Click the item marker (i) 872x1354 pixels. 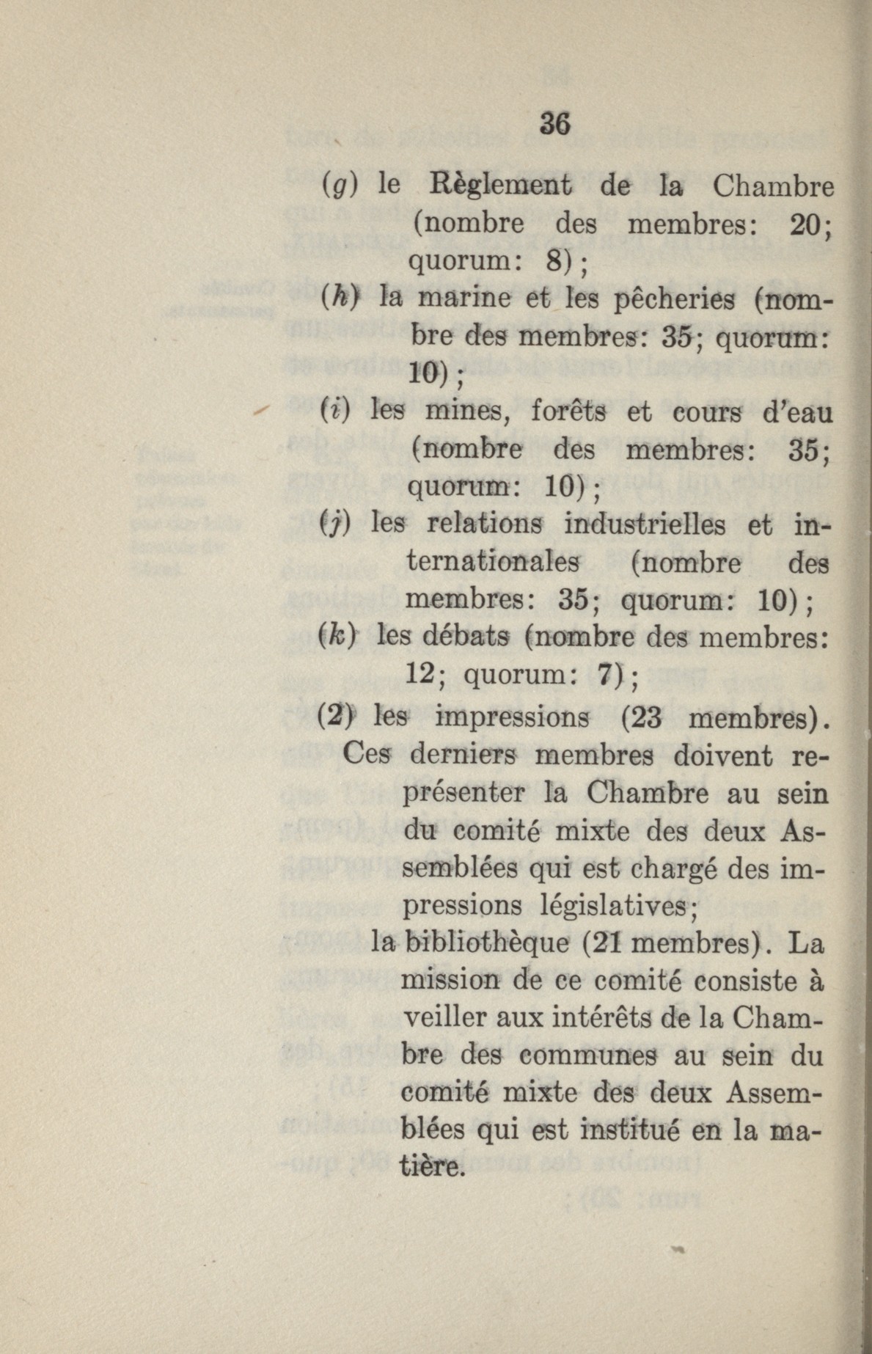point(338,412)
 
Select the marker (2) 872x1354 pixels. point(336,714)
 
